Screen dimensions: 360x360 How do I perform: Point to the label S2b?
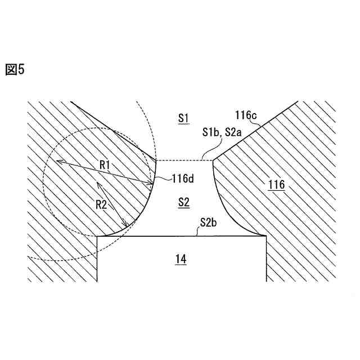(x=209, y=224)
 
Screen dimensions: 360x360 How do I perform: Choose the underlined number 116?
(x=276, y=184)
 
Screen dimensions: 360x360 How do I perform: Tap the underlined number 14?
(x=180, y=259)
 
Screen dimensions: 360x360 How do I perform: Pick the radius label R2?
(x=101, y=204)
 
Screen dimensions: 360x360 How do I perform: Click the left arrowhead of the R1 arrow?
(x=57, y=161)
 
